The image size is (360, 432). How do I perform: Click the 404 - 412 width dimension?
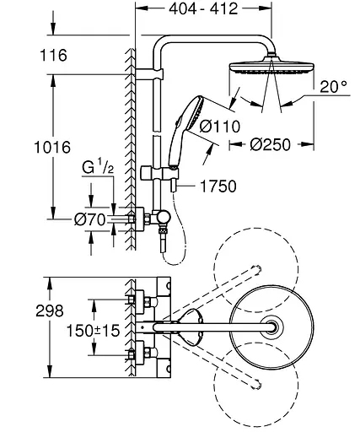pyautogui.click(x=203, y=8)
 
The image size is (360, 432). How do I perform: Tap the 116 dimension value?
pyautogui.click(x=53, y=55)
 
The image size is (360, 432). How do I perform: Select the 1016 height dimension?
pyautogui.click(x=52, y=148)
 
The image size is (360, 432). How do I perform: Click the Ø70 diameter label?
pyautogui.click(x=90, y=219)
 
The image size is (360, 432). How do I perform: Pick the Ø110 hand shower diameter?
pyautogui.click(x=220, y=127)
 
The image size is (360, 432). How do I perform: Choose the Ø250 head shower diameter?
pyautogui.click(x=270, y=145)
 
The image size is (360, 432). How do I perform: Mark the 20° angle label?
pyautogui.click(x=334, y=87)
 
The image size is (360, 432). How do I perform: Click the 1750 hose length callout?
pyautogui.click(x=218, y=186)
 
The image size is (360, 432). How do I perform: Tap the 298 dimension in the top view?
pyautogui.click(x=50, y=311)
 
